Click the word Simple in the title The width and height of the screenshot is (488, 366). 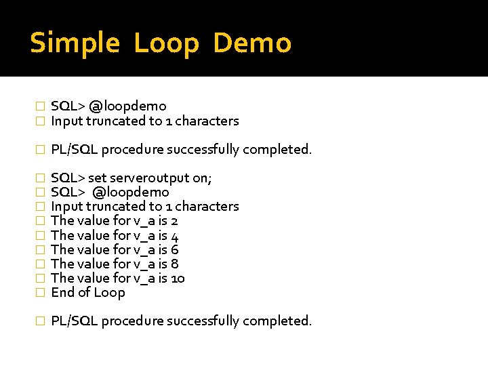75,43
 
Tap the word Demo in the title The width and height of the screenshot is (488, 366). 252,43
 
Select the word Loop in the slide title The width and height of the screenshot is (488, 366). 167,43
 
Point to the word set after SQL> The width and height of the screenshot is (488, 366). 97,178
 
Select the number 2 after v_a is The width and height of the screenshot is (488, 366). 174,221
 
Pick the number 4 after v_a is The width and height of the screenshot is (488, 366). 175,236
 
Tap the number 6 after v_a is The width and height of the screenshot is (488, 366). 175,250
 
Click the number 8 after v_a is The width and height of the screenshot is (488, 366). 175,264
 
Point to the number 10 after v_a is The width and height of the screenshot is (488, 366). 178,279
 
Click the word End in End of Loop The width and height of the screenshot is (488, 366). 62,293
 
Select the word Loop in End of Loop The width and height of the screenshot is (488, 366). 110,293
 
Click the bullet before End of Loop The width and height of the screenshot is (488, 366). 40,293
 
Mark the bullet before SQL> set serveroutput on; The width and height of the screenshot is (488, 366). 40,178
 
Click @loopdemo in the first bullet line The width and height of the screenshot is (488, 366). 128,106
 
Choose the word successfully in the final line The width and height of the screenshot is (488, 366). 203,321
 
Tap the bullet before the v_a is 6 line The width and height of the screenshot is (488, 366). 40,250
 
